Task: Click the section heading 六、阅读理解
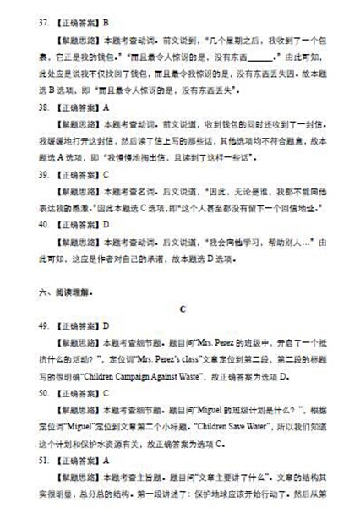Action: [60, 292]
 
